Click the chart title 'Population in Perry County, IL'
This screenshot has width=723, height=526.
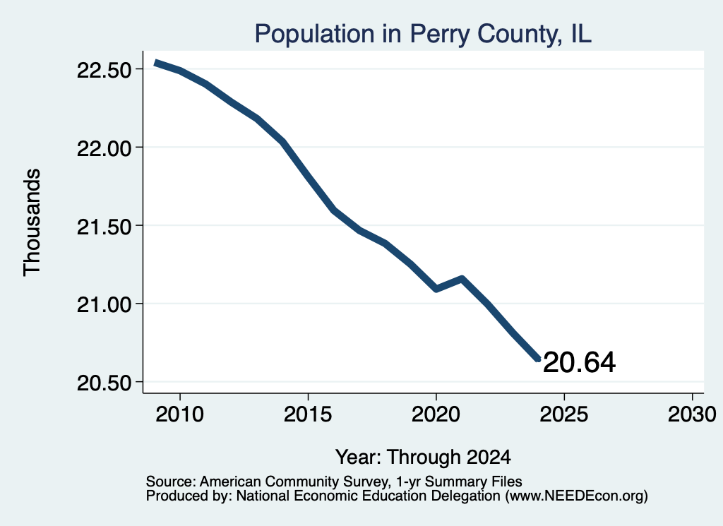click(423, 34)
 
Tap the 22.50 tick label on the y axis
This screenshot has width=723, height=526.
click(104, 71)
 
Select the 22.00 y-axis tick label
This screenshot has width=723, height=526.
click(104, 148)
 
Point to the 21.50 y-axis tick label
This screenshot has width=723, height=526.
click(104, 227)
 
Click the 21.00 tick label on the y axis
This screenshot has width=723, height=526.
click(104, 305)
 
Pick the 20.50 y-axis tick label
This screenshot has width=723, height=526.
click(104, 383)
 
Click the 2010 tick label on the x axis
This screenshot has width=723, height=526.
click(180, 414)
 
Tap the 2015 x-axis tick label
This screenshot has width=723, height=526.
click(308, 414)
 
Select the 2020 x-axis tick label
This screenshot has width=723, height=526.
click(436, 414)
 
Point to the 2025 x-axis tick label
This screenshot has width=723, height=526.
click(564, 414)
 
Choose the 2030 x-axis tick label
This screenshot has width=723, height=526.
click(692, 414)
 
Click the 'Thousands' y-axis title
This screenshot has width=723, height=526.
click(32, 222)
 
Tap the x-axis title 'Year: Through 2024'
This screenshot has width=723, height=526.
click(423, 458)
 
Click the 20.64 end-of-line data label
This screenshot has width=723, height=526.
click(579, 362)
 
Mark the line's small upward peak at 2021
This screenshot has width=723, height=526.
click(462, 278)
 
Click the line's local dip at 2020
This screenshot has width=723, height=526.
click(436, 289)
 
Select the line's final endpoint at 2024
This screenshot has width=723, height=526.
click(538, 359)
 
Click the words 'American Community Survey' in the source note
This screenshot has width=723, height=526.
click(294, 482)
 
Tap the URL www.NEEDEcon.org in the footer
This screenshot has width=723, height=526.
click(577, 496)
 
